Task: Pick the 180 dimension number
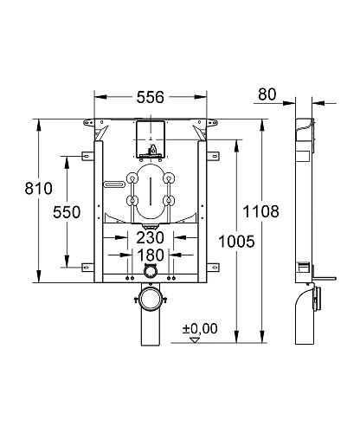(x=151, y=256)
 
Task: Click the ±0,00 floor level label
(x=200, y=328)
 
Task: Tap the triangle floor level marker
(x=195, y=341)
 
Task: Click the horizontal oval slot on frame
(x=114, y=184)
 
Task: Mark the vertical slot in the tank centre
(x=151, y=192)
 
